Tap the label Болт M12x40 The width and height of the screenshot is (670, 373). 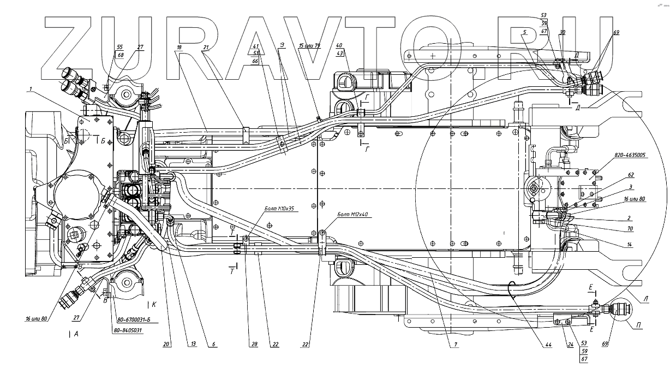pyautogui.click(x=354, y=215)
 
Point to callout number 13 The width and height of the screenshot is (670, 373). pyautogui.click(x=192, y=344)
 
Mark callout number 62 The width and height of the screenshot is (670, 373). pyautogui.click(x=630, y=175)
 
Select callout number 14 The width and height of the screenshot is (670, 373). pyautogui.click(x=630, y=245)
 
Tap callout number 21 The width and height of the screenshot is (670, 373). pyautogui.click(x=206, y=48)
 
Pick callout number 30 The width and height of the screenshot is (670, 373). pyautogui.click(x=563, y=48)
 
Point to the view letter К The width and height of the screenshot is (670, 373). pyautogui.click(x=154, y=303)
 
